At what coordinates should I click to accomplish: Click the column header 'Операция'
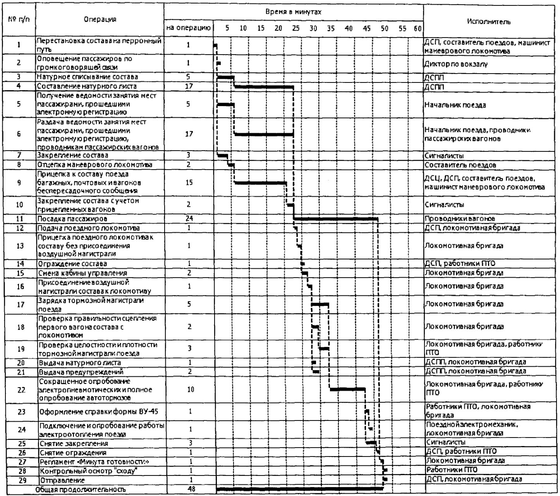(x=100, y=19)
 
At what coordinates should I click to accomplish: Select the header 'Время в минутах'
(x=293, y=12)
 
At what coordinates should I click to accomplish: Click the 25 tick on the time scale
(x=296, y=28)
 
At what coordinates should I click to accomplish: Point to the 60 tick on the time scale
(x=417, y=28)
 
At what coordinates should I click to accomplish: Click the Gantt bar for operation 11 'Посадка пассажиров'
(x=335, y=219)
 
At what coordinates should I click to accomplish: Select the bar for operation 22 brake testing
(x=347, y=389)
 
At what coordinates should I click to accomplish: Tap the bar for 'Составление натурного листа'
(x=264, y=86)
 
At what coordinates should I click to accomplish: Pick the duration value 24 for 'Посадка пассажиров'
(x=189, y=218)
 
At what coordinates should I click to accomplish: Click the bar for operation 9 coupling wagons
(x=260, y=182)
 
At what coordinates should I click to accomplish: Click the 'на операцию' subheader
(x=189, y=28)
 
